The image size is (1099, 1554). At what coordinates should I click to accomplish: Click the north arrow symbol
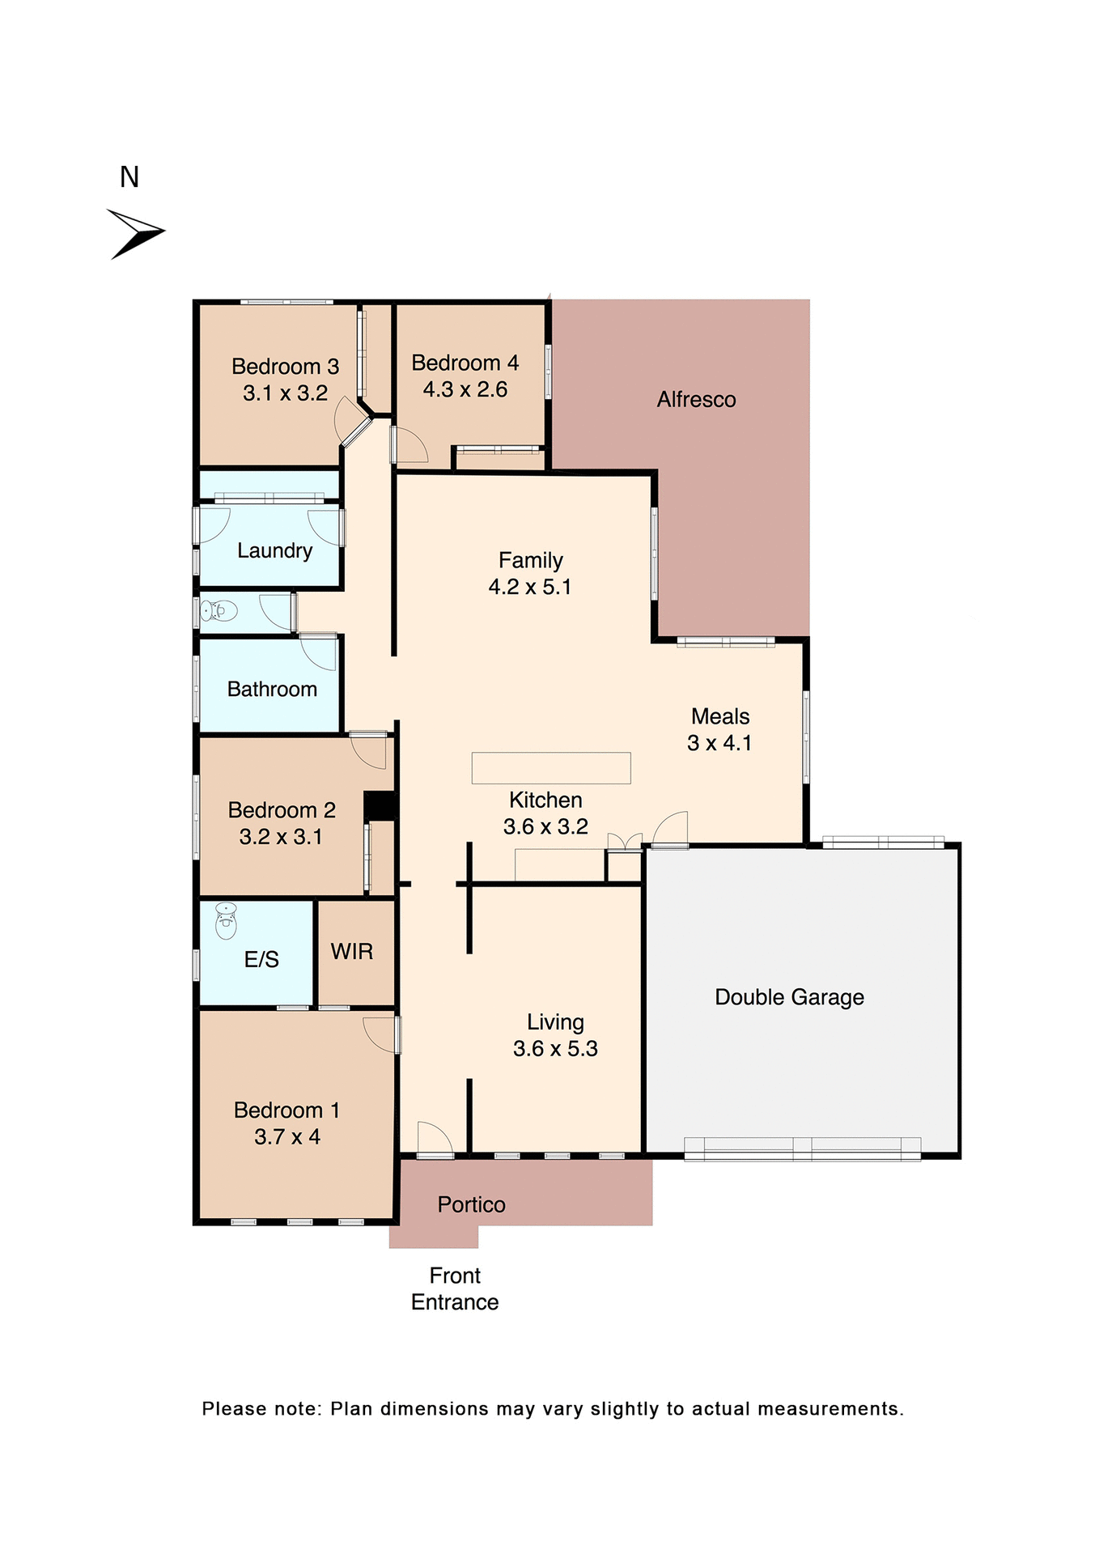[136, 233]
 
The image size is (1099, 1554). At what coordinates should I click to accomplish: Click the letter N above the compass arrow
[129, 177]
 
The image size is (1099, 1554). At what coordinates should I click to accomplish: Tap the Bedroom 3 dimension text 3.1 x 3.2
[285, 393]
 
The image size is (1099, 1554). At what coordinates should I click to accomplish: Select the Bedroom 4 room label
[465, 363]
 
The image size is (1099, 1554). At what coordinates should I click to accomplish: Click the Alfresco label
[696, 400]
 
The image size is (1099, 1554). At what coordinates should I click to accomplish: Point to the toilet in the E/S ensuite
[226, 920]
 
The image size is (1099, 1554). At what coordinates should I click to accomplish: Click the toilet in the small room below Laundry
[219, 610]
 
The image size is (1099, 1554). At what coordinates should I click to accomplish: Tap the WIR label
[352, 952]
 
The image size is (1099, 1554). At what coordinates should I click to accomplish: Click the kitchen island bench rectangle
[551, 768]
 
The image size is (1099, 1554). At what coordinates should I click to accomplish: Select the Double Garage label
[789, 997]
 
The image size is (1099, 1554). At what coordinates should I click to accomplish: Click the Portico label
[471, 1205]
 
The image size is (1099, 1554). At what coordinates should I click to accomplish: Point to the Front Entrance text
[455, 1289]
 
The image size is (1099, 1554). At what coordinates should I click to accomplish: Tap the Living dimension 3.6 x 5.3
[555, 1049]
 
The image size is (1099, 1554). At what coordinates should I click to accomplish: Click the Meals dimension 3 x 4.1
[719, 743]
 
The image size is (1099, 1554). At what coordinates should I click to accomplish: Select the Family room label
[530, 560]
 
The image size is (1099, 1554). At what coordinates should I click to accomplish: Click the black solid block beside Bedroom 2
[379, 806]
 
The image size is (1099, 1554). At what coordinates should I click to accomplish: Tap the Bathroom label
[272, 690]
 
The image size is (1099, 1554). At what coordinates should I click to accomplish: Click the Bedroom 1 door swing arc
[380, 1034]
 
